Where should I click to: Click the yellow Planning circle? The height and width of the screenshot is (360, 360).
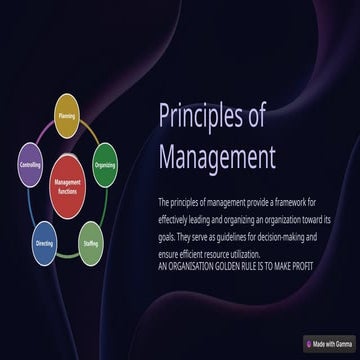click(67, 115)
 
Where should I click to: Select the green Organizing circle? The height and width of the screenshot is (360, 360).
click(105, 164)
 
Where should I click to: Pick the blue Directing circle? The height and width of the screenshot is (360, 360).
click(43, 245)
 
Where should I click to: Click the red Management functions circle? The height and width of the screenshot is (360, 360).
click(67, 182)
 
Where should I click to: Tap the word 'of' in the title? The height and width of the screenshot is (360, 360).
click(254, 116)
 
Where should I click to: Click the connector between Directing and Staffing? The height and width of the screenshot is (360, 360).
click(68, 256)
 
